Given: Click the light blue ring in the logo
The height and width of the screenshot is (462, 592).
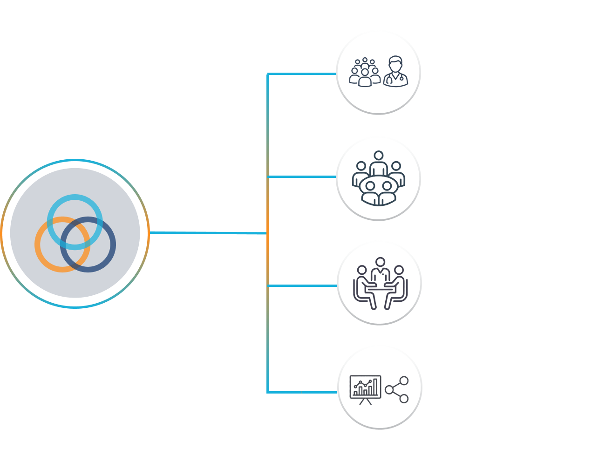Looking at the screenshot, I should pyautogui.click(x=75, y=198).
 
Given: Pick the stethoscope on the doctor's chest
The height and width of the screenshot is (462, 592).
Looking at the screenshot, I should pyautogui.click(x=401, y=78).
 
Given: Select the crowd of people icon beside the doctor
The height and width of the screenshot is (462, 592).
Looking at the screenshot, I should pyautogui.click(x=365, y=73).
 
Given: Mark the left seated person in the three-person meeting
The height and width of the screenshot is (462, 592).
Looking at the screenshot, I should pyautogui.click(x=363, y=284).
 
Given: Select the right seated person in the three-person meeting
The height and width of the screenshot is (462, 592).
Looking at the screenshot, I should pyautogui.click(x=398, y=284).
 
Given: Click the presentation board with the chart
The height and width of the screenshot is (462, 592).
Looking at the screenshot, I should pyautogui.click(x=366, y=387).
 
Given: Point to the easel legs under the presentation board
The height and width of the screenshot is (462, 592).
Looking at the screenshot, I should pyautogui.click(x=366, y=401).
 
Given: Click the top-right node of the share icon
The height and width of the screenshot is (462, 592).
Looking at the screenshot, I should pyautogui.click(x=404, y=380).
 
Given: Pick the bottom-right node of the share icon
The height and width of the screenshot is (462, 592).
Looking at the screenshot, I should pyautogui.click(x=404, y=399).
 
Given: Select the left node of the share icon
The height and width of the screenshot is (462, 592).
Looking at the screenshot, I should pyautogui.click(x=389, y=389).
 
